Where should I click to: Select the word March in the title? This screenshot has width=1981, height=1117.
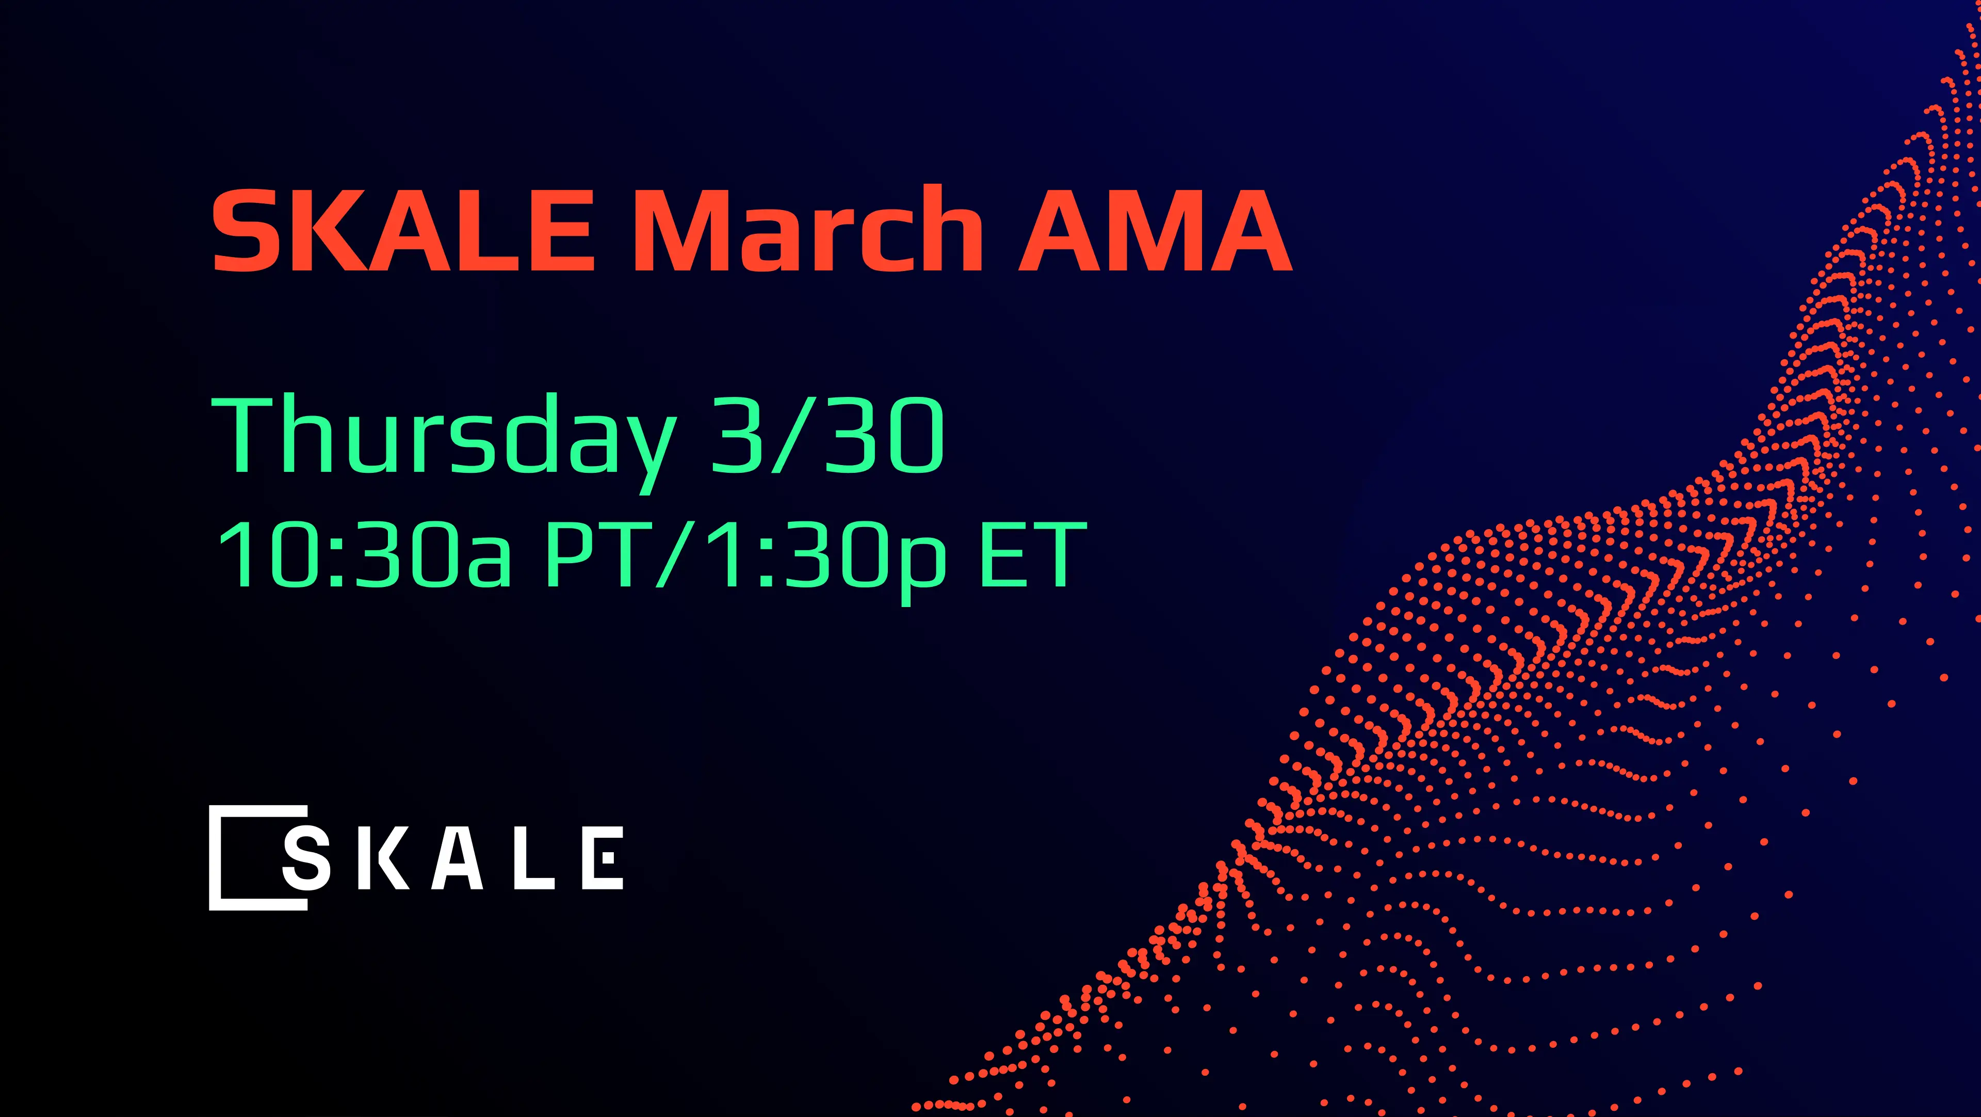click(807, 229)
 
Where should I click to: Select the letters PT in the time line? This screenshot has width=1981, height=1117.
click(596, 554)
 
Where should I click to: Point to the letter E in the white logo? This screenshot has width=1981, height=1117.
click(603, 858)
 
